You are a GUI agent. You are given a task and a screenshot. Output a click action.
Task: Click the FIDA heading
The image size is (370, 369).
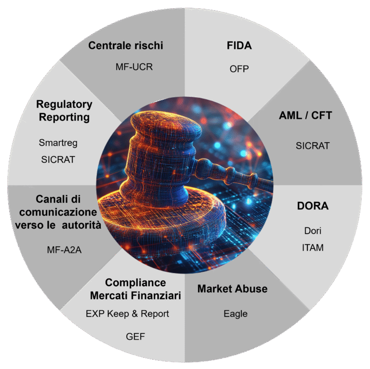(x=239, y=46)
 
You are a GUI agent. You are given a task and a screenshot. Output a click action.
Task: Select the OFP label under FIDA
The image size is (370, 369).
(x=239, y=69)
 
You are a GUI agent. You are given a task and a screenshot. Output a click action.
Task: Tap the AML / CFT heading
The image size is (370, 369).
(x=305, y=117)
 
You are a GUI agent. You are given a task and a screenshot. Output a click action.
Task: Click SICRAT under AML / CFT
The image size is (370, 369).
(x=313, y=145)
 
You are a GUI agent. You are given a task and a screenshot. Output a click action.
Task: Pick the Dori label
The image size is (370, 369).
(x=313, y=231)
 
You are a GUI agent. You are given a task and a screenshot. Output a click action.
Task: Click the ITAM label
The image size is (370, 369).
(x=313, y=248)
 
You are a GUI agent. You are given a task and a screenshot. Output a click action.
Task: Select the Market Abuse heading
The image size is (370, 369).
(x=232, y=289)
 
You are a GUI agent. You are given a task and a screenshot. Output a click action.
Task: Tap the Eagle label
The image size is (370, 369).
(x=236, y=314)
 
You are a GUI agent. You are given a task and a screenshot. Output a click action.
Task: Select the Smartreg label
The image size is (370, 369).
(x=58, y=143)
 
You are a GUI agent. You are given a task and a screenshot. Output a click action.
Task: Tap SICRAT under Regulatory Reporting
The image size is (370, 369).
(x=58, y=159)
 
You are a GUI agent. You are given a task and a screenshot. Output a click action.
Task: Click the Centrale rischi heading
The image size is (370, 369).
(x=126, y=46)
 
